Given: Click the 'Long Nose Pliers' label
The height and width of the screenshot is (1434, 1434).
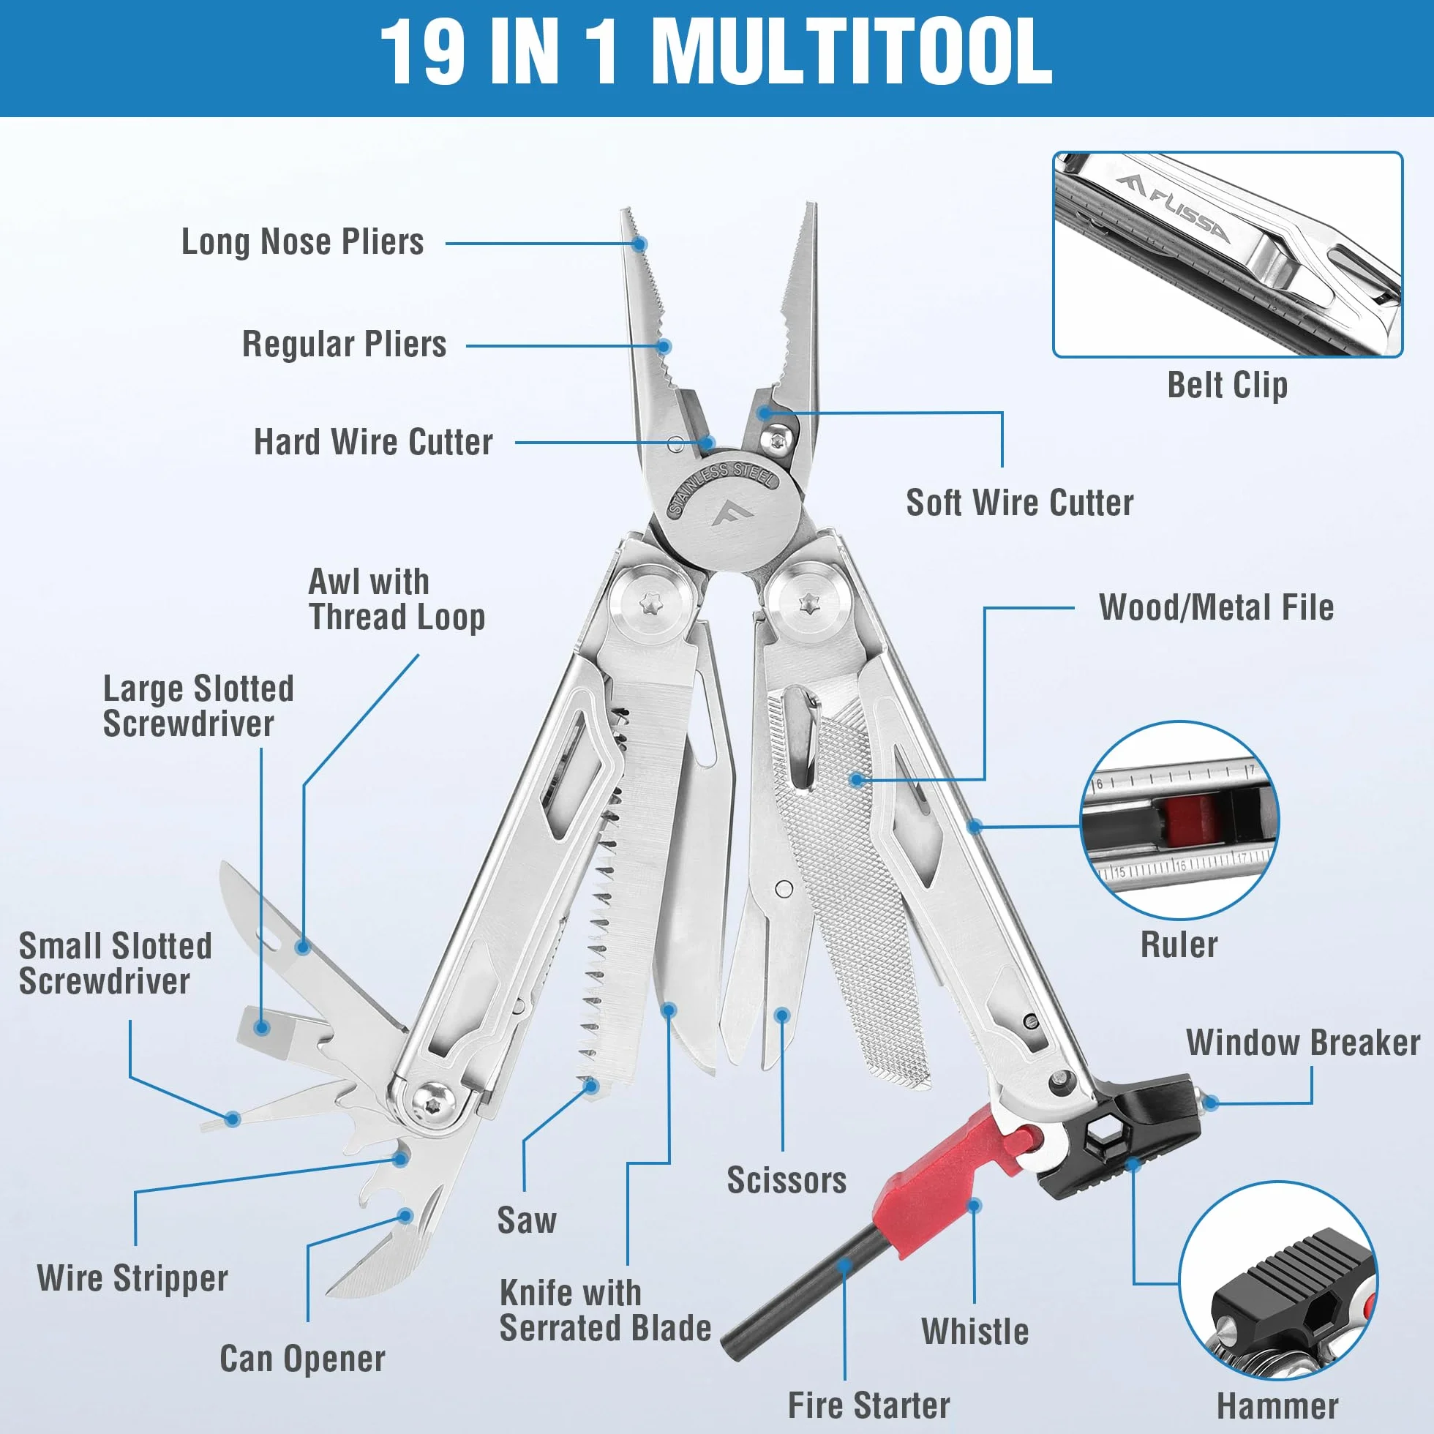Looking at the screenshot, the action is point(303,242).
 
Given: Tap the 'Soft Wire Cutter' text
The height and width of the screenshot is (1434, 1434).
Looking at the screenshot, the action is point(1020,503).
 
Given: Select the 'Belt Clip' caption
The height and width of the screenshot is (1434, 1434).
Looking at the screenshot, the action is point(1227,386).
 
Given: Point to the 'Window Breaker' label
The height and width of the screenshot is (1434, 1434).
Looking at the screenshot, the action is point(1302,1043).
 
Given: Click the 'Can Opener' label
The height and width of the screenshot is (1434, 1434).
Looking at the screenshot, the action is point(302,1359).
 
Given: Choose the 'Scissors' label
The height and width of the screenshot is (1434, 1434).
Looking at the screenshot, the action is point(787,1180).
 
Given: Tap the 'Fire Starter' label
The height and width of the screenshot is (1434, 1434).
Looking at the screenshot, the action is point(868,1405).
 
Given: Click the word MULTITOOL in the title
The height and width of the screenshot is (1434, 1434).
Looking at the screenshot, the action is point(852,53).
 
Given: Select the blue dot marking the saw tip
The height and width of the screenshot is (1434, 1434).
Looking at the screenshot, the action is point(592,1086).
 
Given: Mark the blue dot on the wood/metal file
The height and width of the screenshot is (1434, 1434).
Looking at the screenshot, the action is point(857,780).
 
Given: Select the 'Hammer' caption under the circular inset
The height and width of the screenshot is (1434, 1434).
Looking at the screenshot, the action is point(1277,1405).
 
